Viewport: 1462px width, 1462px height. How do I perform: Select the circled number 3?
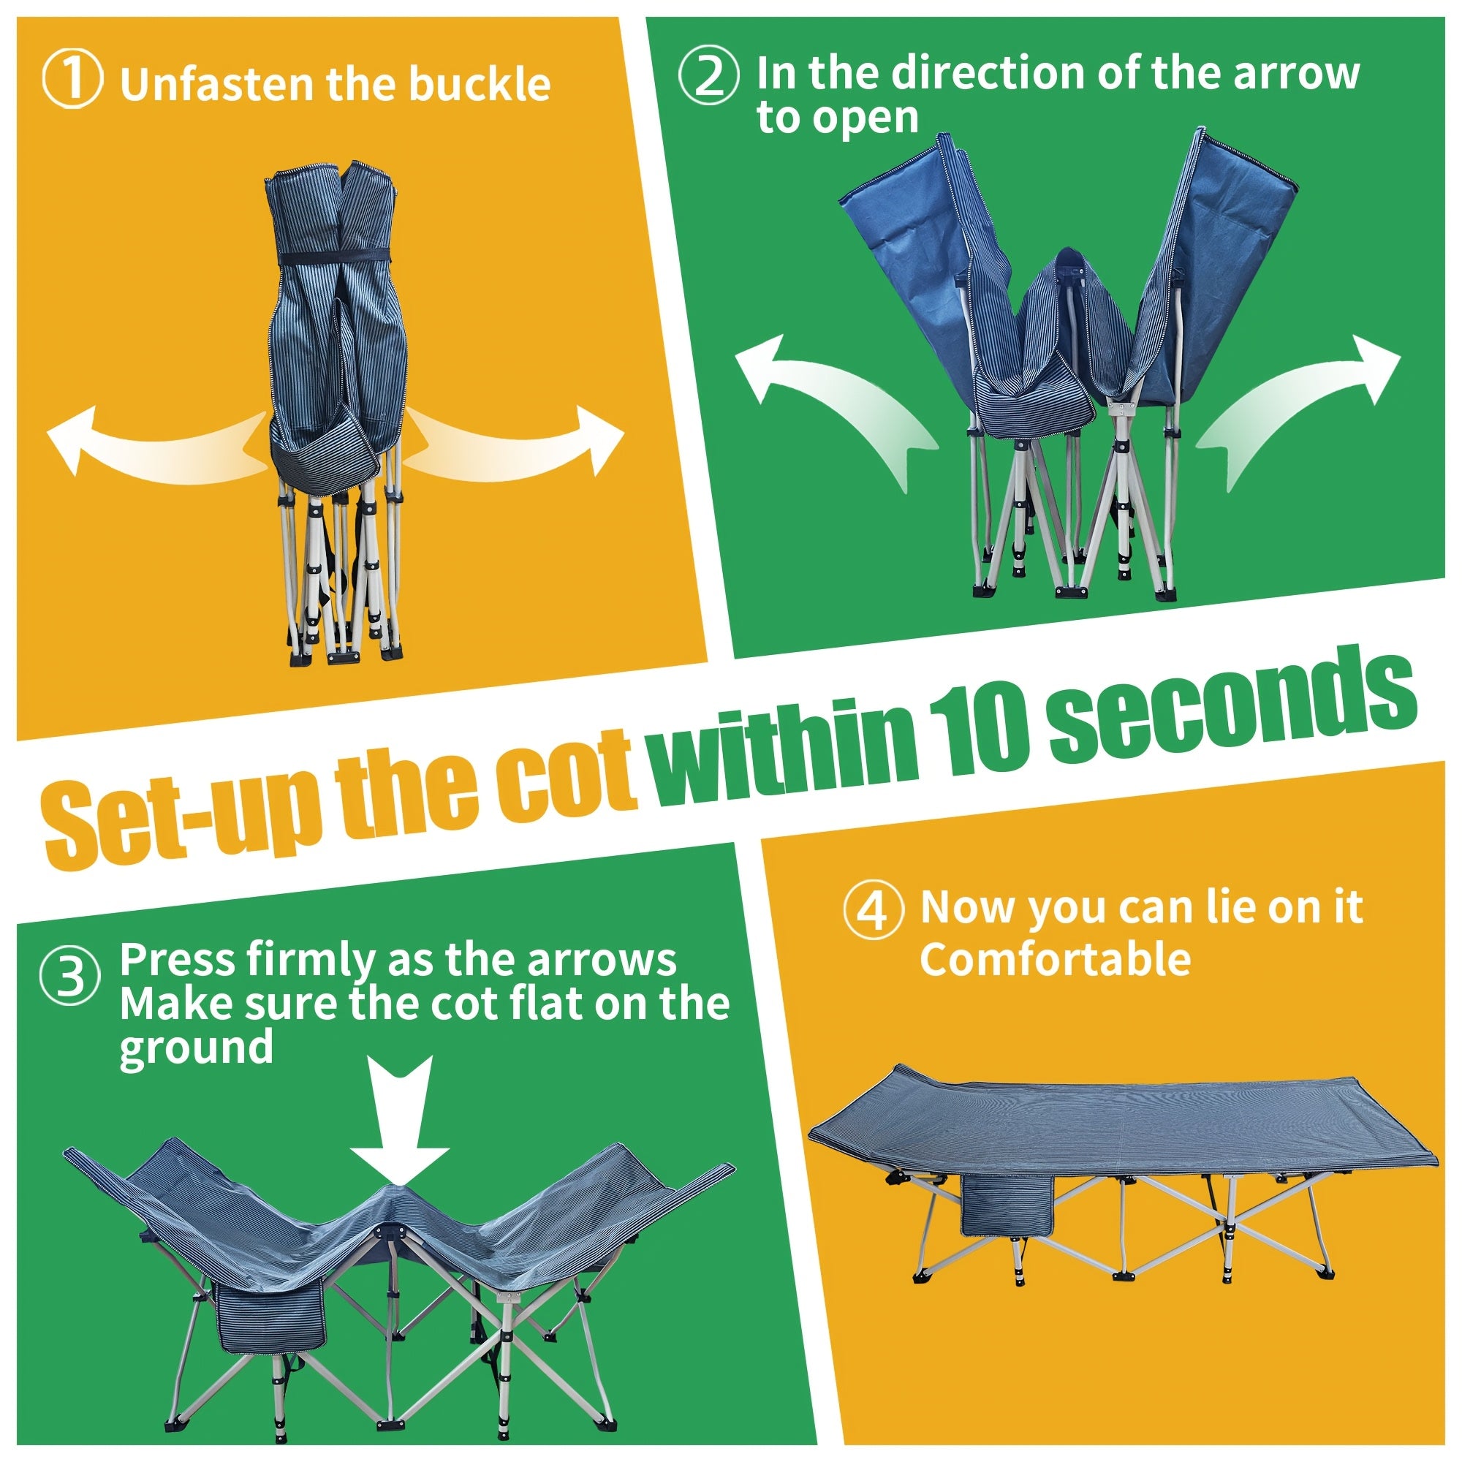[x=69, y=976]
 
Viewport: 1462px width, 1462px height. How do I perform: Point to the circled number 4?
[x=874, y=909]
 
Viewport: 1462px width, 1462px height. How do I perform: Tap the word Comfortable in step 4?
[x=1055, y=960]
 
